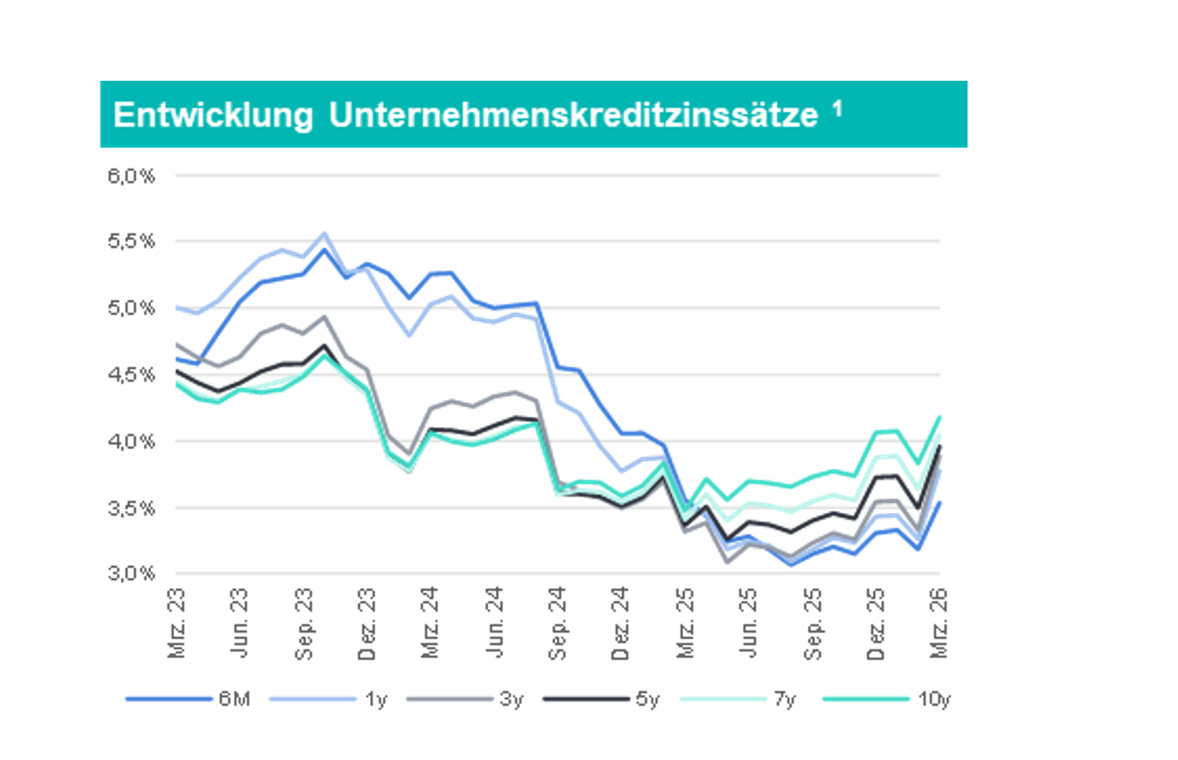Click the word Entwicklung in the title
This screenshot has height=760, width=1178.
tap(213, 115)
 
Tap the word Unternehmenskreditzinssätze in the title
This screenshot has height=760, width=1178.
tap(574, 115)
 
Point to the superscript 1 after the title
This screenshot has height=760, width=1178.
tap(838, 109)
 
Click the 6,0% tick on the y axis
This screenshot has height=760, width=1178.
tap(131, 176)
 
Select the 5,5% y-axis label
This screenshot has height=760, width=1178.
tap(131, 241)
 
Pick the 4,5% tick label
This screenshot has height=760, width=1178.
tap(131, 375)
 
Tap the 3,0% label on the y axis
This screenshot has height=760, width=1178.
tap(131, 573)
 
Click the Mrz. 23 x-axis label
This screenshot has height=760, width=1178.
tap(177, 623)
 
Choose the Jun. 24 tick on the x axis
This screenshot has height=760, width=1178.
tap(494, 623)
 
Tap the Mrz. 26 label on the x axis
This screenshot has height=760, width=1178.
tap(939, 623)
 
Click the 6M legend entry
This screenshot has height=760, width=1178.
tap(188, 699)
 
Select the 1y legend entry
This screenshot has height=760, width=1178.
tap(328, 699)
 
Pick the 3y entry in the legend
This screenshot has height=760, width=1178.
tap(465, 699)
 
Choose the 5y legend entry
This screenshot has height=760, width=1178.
tap(602, 699)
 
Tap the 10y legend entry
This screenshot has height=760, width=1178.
tap(887, 699)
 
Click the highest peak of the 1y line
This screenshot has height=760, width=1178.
tap(324, 233)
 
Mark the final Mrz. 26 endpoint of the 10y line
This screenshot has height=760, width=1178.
tap(939, 416)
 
